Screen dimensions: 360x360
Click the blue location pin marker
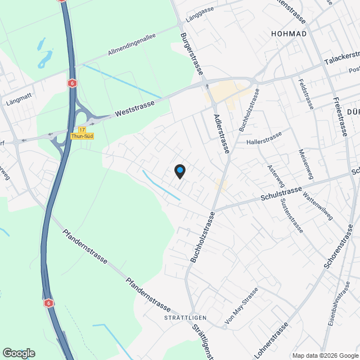(179, 171)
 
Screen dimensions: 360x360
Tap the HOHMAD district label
(289, 34)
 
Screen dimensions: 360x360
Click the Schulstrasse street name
(282, 195)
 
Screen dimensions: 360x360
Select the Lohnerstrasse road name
(271, 339)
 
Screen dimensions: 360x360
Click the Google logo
(19, 353)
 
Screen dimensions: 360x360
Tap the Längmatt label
(17, 103)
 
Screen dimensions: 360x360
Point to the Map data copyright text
(325, 355)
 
